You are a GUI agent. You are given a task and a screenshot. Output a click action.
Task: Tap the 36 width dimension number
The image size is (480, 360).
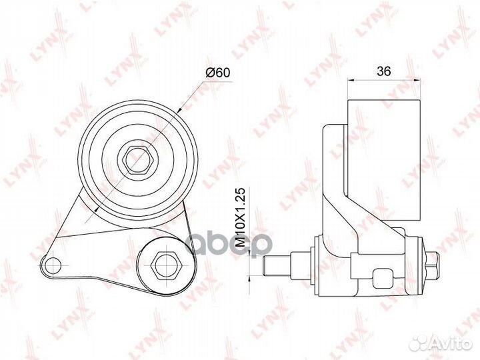(383, 69)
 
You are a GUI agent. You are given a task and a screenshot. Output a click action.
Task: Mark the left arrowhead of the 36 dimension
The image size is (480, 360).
(351, 81)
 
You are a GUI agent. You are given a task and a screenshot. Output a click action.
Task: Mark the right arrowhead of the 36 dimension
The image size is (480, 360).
(418, 81)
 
